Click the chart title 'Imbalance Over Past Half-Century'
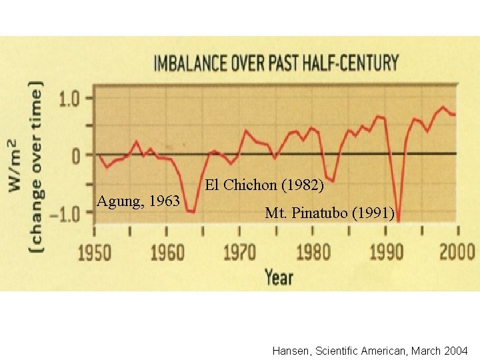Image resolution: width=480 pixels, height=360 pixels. point(276,64)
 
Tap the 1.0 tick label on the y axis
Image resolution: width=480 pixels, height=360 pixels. point(73,99)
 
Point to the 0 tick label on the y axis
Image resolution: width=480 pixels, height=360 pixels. point(78,155)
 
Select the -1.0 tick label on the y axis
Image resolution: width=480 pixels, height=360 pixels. point(70,213)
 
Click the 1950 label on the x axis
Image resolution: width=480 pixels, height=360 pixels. point(95,253)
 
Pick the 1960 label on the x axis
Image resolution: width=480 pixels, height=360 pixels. point(167,253)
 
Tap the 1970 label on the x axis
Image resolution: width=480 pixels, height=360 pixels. point(239,253)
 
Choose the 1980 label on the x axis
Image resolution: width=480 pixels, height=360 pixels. point(312,253)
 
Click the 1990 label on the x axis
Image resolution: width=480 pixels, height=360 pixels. point(385,253)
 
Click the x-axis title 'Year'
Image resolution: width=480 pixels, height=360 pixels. point(278,276)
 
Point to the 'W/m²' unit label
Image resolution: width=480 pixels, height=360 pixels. point(14,166)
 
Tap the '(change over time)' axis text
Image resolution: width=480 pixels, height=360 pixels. point(36,166)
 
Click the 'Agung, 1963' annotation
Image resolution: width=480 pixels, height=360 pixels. point(138,201)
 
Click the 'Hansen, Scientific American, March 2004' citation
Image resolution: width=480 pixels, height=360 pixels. point(371,351)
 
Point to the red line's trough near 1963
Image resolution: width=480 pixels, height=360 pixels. point(191,211)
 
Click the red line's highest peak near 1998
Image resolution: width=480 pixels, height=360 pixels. point(443,107)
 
